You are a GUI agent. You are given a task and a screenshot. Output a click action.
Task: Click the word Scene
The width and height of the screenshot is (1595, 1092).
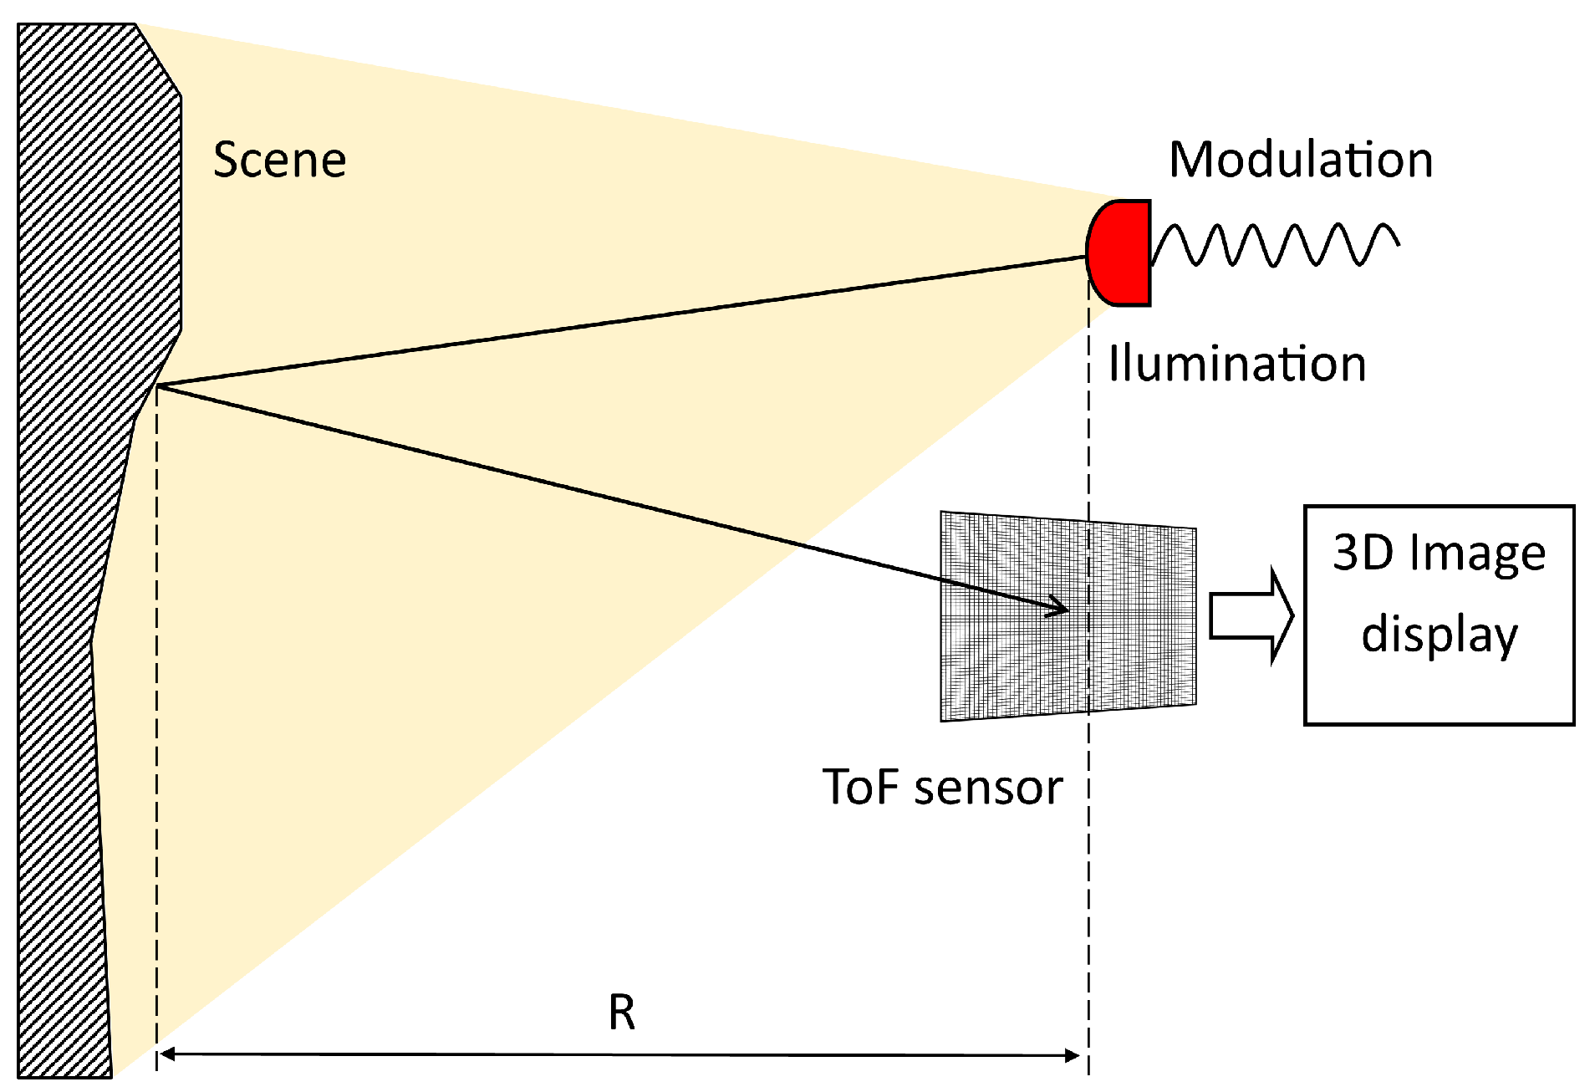[279, 160]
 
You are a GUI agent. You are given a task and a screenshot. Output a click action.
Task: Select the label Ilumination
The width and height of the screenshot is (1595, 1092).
[1236, 364]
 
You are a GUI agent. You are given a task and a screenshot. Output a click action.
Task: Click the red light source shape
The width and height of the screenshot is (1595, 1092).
[1122, 253]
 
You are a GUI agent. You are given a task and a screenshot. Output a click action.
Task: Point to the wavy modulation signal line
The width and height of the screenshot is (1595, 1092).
[1275, 244]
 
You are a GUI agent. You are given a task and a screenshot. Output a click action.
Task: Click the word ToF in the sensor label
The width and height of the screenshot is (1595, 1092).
[861, 787]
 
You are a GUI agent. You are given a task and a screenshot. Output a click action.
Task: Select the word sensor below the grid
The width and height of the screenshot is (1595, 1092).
[988, 788]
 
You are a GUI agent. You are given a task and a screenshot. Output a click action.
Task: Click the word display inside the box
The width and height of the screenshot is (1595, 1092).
[1439, 635]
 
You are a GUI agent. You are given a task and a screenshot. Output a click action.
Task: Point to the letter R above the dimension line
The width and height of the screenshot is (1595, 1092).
[621, 1013]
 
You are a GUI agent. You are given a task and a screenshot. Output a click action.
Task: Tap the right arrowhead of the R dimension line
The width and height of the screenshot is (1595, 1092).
[1073, 1055]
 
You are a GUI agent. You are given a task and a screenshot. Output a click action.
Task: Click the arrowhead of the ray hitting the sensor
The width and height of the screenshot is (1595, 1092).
[1060, 609]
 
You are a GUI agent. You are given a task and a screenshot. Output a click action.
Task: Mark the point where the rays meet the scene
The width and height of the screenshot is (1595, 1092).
[158, 385]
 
